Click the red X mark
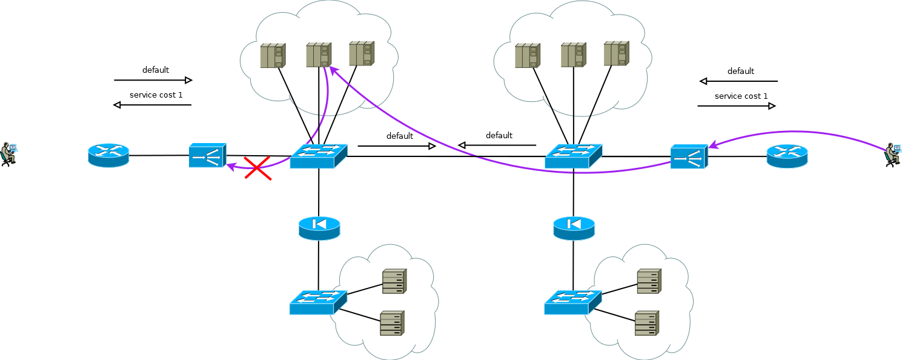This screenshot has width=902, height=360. pyautogui.click(x=257, y=168)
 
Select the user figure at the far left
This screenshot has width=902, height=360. pyautogui.click(x=8, y=154)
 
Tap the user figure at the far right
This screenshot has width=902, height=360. pyautogui.click(x=892, y=155)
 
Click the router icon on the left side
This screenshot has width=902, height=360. pyautogui.click(x=108, y=155)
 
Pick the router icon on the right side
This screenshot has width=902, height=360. pyautogui.click(x=787, y=156)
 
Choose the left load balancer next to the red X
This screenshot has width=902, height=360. pyautogui.click(x=207, y=155)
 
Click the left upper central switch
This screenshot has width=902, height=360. pyautogui.click(x=319, y=156)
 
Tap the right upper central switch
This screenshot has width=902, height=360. pyautogui.click(x=573, y=156)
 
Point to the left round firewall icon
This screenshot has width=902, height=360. pyautogui.click(x=319, y=228)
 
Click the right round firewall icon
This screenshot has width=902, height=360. pyautogui.click(x=574, y=228)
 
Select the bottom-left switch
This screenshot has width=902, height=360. pyautogui.click(x=318, y=302)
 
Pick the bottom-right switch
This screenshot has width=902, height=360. pyautogui.click(x=572, y=302)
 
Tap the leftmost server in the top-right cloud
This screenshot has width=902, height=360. pyautogui.click(x=526, y=55)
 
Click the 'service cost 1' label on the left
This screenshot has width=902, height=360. pyautogui.click(x=156, y=95)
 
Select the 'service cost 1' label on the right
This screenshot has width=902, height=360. pyautogui.click(x=741, y=96)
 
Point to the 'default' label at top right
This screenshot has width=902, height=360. pyautogui.click(x=740, y=71)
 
